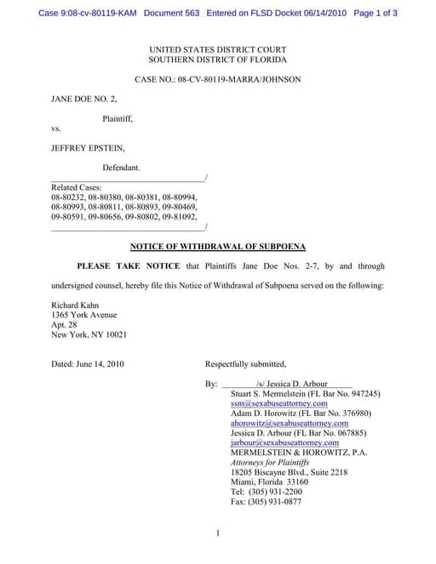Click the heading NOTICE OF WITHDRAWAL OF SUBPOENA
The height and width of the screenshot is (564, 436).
pyautogui.click(x=216, y=247)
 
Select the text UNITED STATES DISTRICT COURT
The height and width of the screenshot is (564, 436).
pyautogui.click(x=217, y=50)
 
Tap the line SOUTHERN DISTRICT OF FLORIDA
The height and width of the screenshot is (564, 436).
pyautogui.click(x=217, y=60)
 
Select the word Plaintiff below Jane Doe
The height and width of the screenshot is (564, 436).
pyautogui.click(x=118, y=118)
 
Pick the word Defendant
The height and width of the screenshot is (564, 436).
pyautogui.click(x=121, y=168)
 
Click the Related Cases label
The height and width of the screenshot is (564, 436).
pyautogui.click(x=77, y=187)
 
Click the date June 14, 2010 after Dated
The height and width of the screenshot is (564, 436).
pyautogui.click(x=101, y=364)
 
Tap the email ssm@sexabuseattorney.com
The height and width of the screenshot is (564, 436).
pyautogui.click(x=279, y=403)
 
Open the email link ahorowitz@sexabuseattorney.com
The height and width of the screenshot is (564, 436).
pyautogui.click(x=290, y=423)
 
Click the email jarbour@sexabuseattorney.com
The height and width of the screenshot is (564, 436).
pyautogui.click(x=285, y=442)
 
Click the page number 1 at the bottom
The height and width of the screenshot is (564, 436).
pyautogui.click(x=218, y=533)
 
